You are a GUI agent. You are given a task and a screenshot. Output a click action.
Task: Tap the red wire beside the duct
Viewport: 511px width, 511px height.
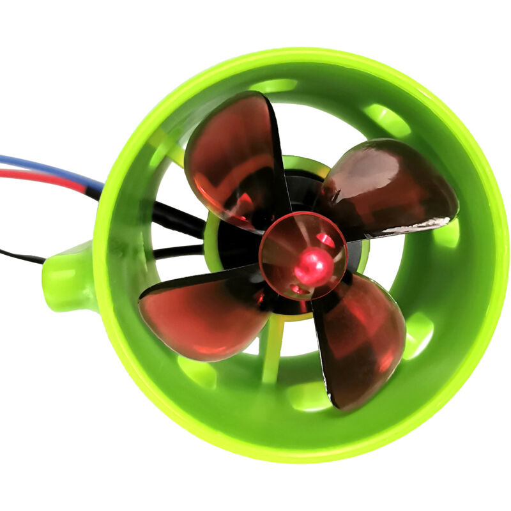(x=38, y=177)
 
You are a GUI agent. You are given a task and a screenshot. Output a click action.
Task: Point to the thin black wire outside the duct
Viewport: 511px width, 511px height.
(x=19, y=256)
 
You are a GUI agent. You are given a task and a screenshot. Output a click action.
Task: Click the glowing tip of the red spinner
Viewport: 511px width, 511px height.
(x=312, y=263)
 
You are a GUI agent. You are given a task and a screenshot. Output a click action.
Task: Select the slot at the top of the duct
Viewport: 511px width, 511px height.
(x=275, y=85)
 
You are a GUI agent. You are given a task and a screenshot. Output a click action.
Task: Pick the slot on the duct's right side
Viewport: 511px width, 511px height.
(x=447, y=233)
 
